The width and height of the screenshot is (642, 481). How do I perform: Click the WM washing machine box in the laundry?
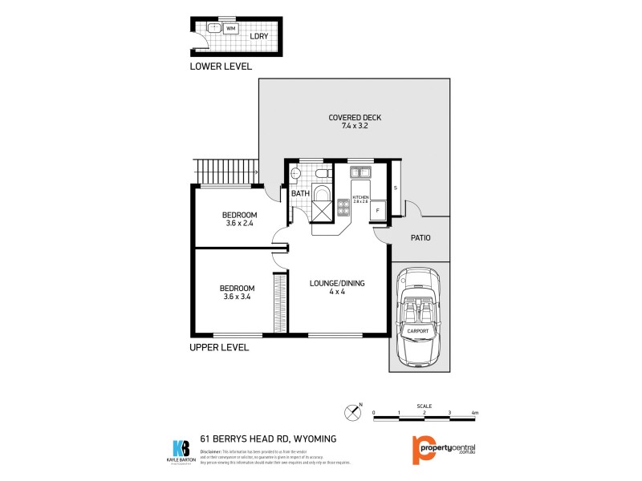pyautogui.click(x=231, y=28)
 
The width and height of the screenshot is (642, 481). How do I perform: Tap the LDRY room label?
pyautogui.click(x=258, y=36)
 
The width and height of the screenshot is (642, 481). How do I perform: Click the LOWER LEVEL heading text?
pyautogui.click(x=221, y=67)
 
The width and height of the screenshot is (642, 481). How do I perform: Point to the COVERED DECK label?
pyautogui.click(x=355, y=118)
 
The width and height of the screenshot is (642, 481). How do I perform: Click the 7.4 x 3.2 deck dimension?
pyautogui.click(x=355, y=127)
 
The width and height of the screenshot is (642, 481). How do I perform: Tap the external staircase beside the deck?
pyautogui.click(x=225, y=172)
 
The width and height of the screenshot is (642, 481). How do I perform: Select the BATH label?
pyautogui.click(x=299, y=194)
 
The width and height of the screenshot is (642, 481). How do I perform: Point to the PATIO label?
pyautogui.click(x=421, y=238)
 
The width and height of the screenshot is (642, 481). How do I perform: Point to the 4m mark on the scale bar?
pyautogui.click(x=476, y=413)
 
